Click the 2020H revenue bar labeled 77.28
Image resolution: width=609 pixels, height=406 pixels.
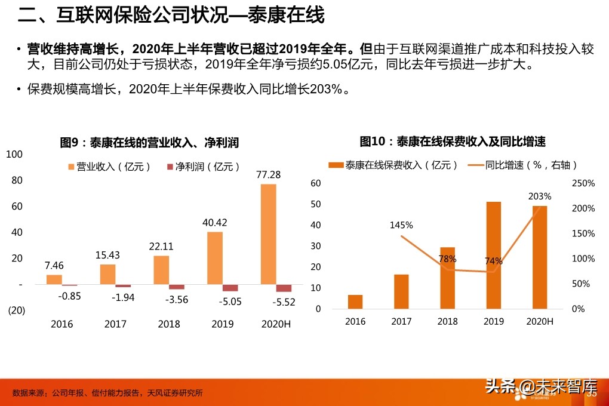tap(268, 234)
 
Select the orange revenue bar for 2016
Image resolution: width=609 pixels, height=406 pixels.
tap(54, 279)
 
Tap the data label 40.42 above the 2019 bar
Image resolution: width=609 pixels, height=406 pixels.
tap(214, 223)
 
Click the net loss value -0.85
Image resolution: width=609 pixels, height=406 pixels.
tap(69, 296)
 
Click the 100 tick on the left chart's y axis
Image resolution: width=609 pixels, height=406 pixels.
tap(14, 155)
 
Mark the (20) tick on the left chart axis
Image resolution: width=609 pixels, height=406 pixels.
tap(16, 310)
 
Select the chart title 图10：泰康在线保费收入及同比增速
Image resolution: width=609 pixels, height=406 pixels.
tap(453, 142)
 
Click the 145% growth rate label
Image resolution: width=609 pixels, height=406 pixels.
tap(401, 225)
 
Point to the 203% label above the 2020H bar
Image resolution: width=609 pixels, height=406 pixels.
tap(540, 196)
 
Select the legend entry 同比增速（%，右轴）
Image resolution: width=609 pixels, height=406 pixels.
tap(523, 165)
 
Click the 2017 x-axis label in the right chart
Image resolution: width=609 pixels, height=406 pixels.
tap(401, 322)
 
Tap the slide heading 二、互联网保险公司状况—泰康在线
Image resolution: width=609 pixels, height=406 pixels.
tap(171, 16)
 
